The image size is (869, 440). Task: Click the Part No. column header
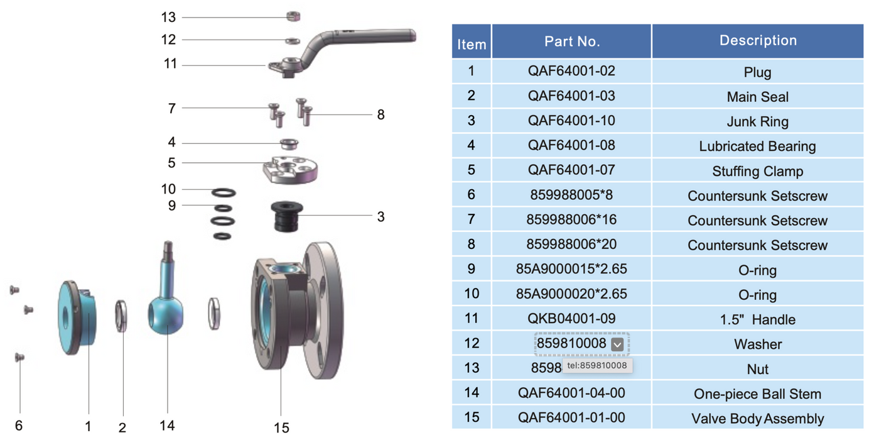click(571, 41)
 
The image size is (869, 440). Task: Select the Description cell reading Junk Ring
click(757, 122)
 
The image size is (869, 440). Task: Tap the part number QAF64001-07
click(571, 170)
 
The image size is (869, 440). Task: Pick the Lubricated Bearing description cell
click(757, 146)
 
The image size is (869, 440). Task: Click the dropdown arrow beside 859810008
click(617, 344)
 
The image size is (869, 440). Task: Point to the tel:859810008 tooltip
click(597, 365)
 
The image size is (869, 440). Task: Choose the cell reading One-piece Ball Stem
click(757, 394)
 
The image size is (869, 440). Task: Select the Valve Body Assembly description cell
click(757, 419)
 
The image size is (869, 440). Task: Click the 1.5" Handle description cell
click(757, 320)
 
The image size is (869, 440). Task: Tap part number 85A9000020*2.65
click(571, 294)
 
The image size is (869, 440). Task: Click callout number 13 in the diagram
click(168, 17)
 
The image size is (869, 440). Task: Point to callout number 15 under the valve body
click(281, 427)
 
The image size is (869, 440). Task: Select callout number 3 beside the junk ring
click(381, 217)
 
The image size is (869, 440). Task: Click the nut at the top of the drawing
click(292, 15)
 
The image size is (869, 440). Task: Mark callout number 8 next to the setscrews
click(381, 115)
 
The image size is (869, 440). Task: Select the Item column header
click(472, 44)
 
